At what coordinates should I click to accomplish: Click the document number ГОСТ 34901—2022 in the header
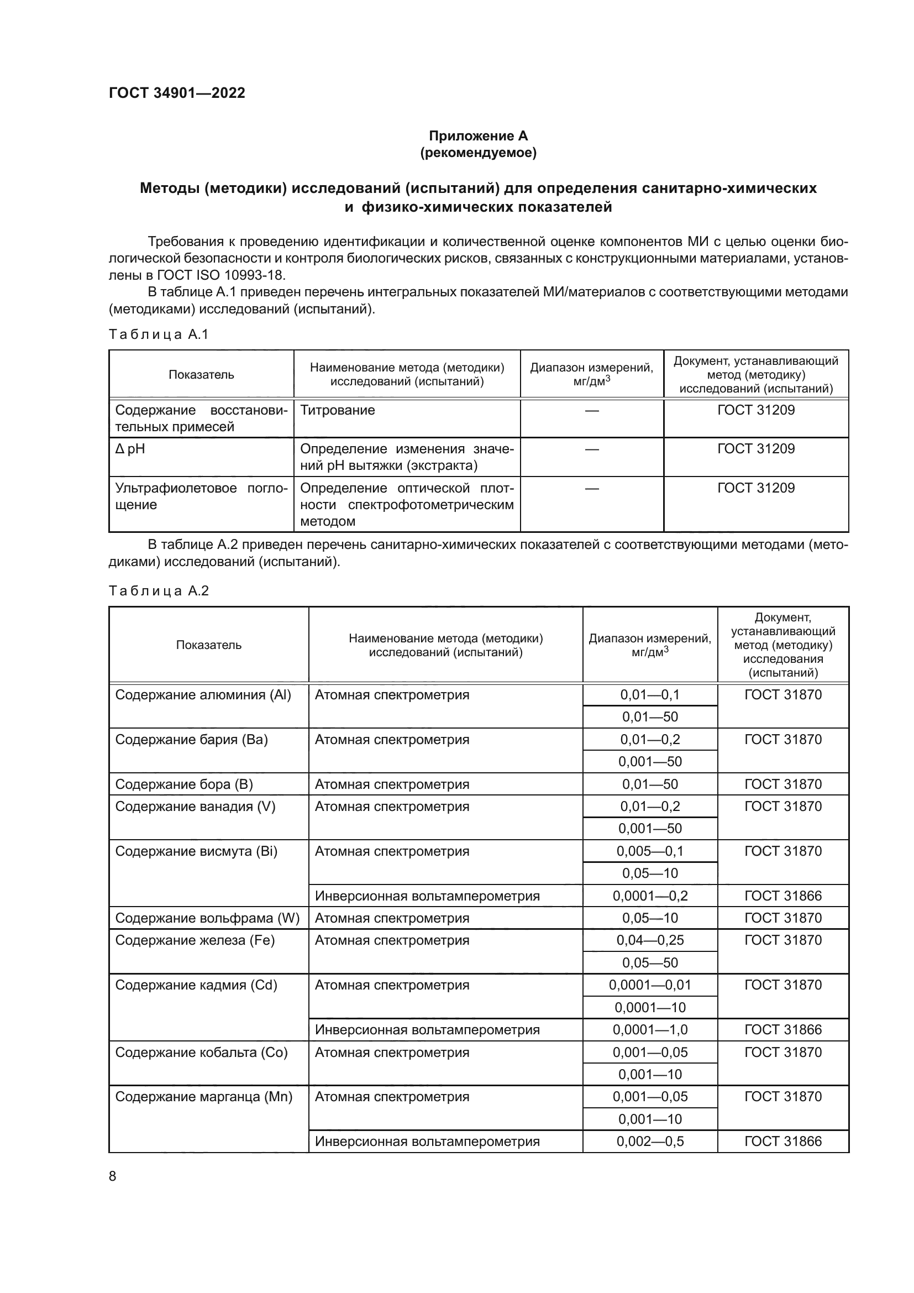tap(177, 93)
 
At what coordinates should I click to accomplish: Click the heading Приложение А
tap(478, 136)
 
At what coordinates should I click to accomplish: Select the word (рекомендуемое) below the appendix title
tap(478, 153)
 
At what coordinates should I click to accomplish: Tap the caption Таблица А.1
tap(158, 334)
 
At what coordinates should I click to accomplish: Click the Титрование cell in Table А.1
tap(337, 410)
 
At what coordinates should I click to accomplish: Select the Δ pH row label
tap(130, 449)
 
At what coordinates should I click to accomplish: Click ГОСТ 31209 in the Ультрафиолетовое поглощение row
tap(755, 488)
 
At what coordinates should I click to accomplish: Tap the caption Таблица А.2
tap(158, 591)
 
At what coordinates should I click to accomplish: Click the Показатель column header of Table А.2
tap(208, 645)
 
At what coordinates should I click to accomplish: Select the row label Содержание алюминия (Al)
tap(203, 695)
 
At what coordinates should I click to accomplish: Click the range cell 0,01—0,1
tap(649, 695)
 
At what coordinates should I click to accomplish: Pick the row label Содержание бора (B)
tap(184, 784)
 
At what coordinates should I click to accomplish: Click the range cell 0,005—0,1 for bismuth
tap(649, 851)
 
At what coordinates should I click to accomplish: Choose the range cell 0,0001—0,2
tap(649, 896)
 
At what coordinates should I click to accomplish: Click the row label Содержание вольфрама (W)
tap(207, 919)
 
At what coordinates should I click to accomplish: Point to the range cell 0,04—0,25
tap(649, 940)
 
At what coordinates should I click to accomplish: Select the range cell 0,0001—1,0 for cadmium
tap(649, 1030)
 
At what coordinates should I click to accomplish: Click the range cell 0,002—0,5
tap(649, 1142)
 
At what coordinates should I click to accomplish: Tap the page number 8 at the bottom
tap(113, 1176)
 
